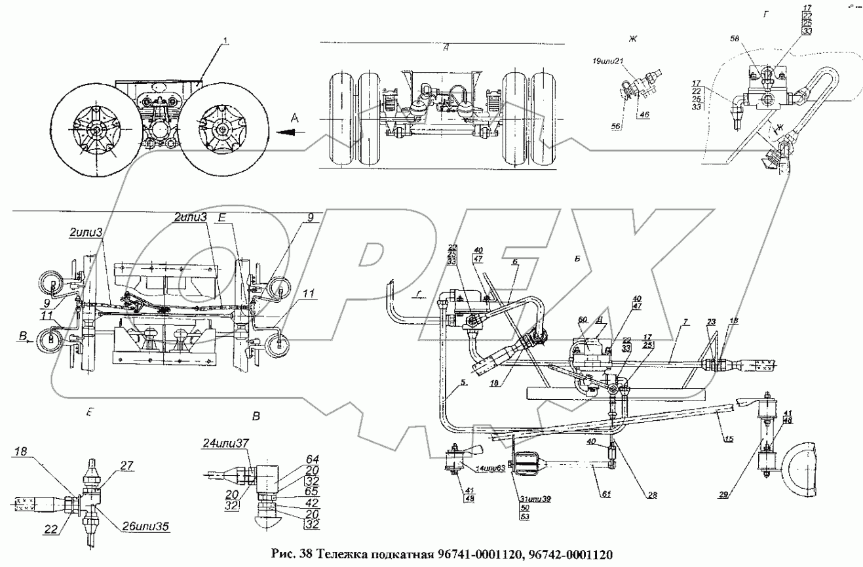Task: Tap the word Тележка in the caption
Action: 341,554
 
